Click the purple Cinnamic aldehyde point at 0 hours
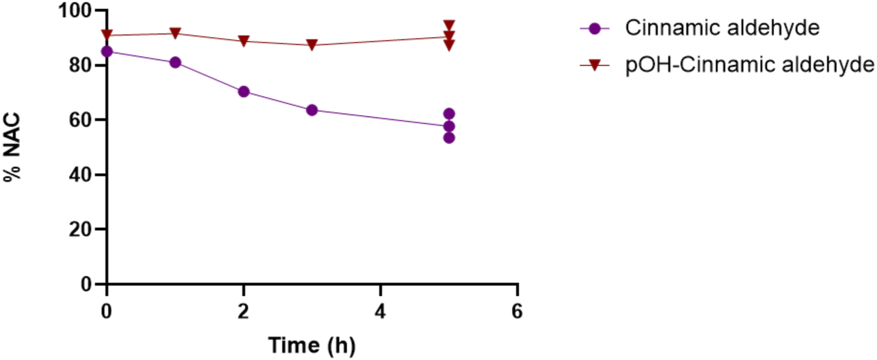pyautogui.click(x=107, y=51)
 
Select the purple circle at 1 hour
pyautogui.click(x=175, y=62)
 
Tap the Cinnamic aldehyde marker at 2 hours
pyautogui.click(x=244, y=91)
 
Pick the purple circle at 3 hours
pyautogui.click(x=312, y=110)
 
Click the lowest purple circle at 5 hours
pyautogui.click(x=449, y=138)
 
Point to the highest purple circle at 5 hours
pyautogui.click(x=449, y=114)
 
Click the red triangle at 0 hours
pyautogui.click(x=107, y=35)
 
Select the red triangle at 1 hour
pyautogui.click(x=175, y=34)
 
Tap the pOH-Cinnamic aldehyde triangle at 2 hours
pyautogui.click(x=244, y=41)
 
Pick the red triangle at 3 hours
pyautogui.click(x=312, y=45)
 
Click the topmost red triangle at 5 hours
pyautogui.click(x=449, y=25)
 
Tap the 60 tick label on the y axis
pyautogui.click(x=82, y=120)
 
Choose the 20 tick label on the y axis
pyautogui.click(x=82, y=229)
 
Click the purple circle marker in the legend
pyautogui.click(x=595, y=28)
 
